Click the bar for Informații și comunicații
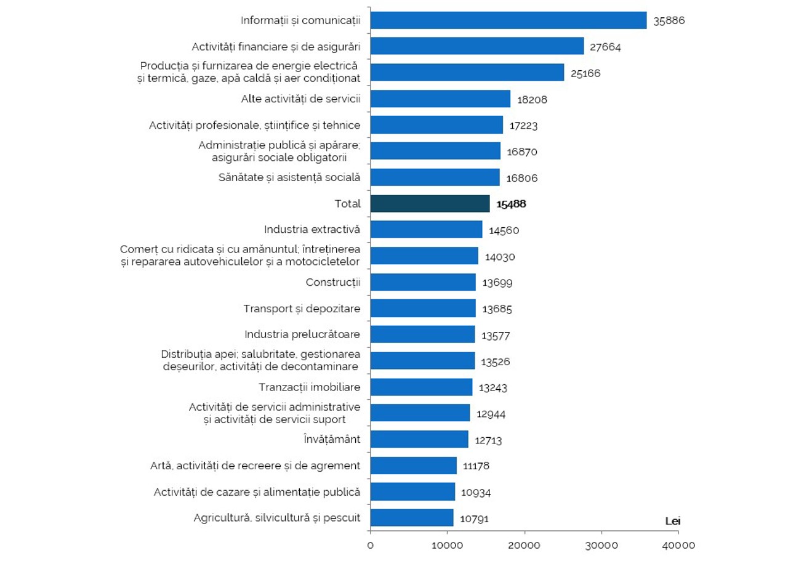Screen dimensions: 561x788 pyautogui.click(x=508, y=20)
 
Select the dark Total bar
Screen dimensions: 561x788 pyautogui.click(x=430, y=204)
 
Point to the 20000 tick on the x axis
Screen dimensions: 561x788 pyautogui.click(x=525, y=545)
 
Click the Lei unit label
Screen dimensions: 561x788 pyautogui.click(x=673, y=521)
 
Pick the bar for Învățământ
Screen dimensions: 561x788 pyautogui.click(x=419, y=439)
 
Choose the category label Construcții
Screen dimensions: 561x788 pyautogui.click(x=333, y=283)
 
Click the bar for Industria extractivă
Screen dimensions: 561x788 pyautogui.click(x=426, y=230)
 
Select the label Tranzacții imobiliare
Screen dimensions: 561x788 pyautogui.click(x=310, y=387)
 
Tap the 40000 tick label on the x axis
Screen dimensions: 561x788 pyautogui.click(x=680, y=545)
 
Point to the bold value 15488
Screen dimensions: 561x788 pyautogui.click(x=511, y=204)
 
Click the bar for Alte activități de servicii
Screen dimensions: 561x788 pyautogui.click(x=440, y=99)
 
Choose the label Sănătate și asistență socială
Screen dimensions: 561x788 pyautogui.click(x=289, y=177)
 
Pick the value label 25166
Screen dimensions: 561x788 pyautogui.click(x=585, y=73)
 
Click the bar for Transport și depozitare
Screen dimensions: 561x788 pyautogui.click(x=423, y=309)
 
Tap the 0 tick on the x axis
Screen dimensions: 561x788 pyautogui.click(x=371, y=545)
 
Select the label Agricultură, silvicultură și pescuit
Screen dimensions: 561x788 pyautogui.click(x=277, y=518)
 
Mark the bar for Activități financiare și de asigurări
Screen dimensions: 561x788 pyautogui.click(x=476, y=46)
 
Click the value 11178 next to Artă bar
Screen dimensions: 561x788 pyautogui.click(x=477, y=466)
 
